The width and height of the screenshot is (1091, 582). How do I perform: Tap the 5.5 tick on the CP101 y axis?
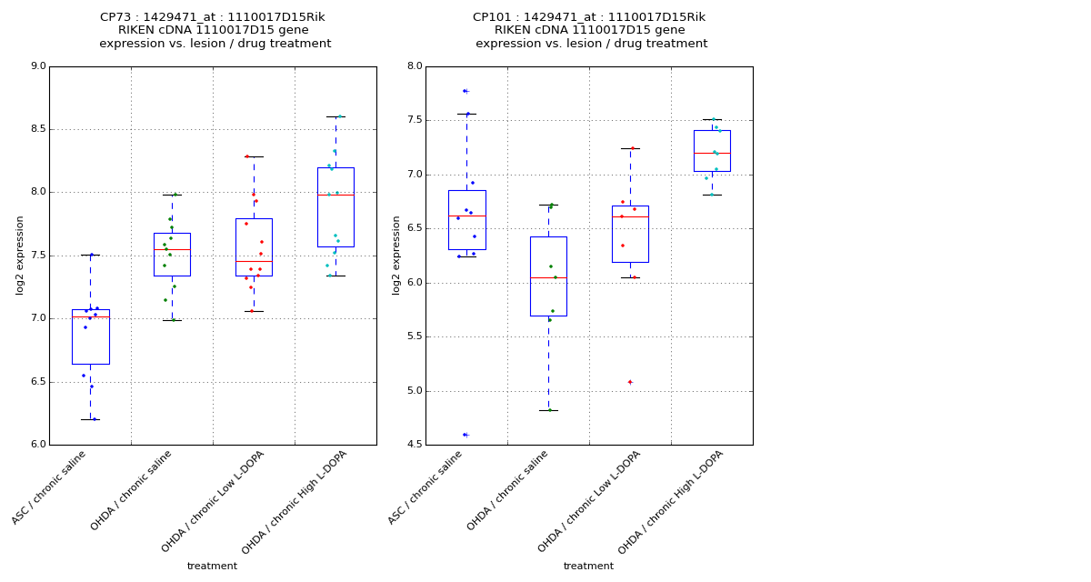click(x=413, y=337)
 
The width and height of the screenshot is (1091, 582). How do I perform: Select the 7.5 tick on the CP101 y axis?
click(x=413, y=120)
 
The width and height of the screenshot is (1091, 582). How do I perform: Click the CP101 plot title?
click(x=590, y=30)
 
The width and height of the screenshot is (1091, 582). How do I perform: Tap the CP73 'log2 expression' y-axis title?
click(x=20, y=255)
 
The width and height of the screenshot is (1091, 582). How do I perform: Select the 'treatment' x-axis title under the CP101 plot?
click(x=588, y=567)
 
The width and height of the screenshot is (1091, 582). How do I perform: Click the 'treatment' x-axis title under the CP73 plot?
click(x=212, y=567)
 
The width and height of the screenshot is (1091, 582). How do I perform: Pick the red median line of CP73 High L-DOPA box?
click(x=335, y=195)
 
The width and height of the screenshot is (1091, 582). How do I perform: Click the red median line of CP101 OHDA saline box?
click(x=548, y=277)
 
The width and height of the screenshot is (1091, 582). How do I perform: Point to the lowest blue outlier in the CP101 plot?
click(x=465, y=435)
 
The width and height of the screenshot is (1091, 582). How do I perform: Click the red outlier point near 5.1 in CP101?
click(x=630, y=382)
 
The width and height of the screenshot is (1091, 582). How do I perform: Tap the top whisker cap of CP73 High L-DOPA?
click(x=335, y=116)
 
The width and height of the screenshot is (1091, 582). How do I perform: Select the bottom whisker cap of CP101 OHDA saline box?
click(x=548, y=410)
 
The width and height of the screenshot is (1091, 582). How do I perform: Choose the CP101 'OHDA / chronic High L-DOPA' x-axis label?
click(x=664, y=502)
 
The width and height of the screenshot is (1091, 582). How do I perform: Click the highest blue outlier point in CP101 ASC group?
click(x=465, y=91)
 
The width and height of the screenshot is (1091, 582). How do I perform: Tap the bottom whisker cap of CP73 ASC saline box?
click(x=90, y=419)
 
